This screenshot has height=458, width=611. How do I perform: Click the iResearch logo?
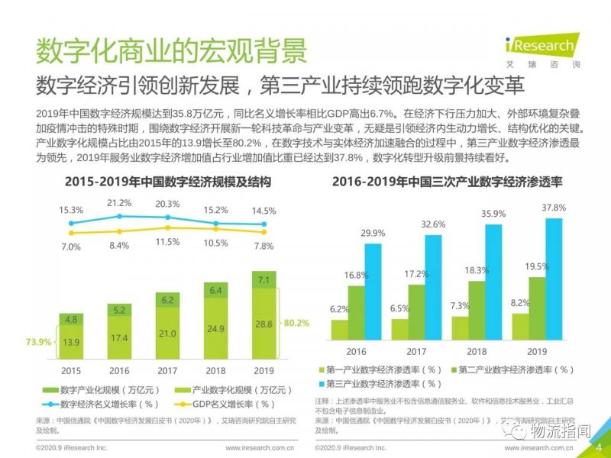point(539,47)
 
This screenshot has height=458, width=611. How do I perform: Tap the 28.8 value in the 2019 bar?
point(263,324)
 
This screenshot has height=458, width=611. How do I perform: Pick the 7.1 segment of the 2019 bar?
point(263,281)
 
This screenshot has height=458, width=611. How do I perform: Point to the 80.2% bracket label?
point(298,323)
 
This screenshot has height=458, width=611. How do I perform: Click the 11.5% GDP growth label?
point(167,242)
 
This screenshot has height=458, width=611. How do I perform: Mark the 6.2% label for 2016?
point(340,309)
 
